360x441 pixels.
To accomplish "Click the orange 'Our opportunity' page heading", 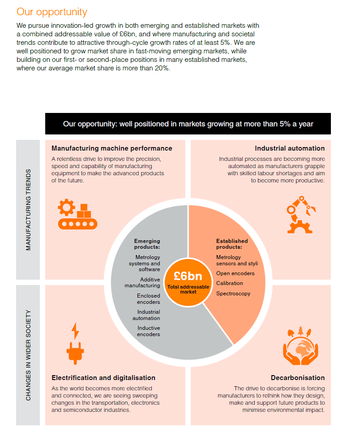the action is click(51, 12).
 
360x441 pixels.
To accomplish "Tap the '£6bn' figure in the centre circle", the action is click(188, 276).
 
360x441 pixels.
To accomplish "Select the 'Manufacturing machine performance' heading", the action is click(112, 148).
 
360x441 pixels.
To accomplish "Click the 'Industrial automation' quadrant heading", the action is click(290, 148).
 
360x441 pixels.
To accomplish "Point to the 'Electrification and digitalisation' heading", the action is click(103, 378).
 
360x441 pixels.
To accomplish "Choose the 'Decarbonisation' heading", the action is click(298, 378).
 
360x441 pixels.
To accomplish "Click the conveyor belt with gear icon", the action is click(77, 214).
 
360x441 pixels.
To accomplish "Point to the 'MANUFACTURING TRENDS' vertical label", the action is click(28, 210).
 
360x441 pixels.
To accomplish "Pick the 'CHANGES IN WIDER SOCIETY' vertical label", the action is click(28, 355).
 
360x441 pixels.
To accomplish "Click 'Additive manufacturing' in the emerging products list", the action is click(142, 282).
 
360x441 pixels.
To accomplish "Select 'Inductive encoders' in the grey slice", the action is click(148, 331).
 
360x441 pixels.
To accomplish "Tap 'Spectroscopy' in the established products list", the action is click(233, 294).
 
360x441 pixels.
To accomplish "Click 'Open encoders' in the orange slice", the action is click(235, 273).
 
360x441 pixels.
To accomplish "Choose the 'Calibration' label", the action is click(230, 283).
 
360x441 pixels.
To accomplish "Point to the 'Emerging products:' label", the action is click(147, 244).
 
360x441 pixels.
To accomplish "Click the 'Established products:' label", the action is click(232, 244).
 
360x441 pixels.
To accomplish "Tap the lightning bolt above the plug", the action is click(75, 331).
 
